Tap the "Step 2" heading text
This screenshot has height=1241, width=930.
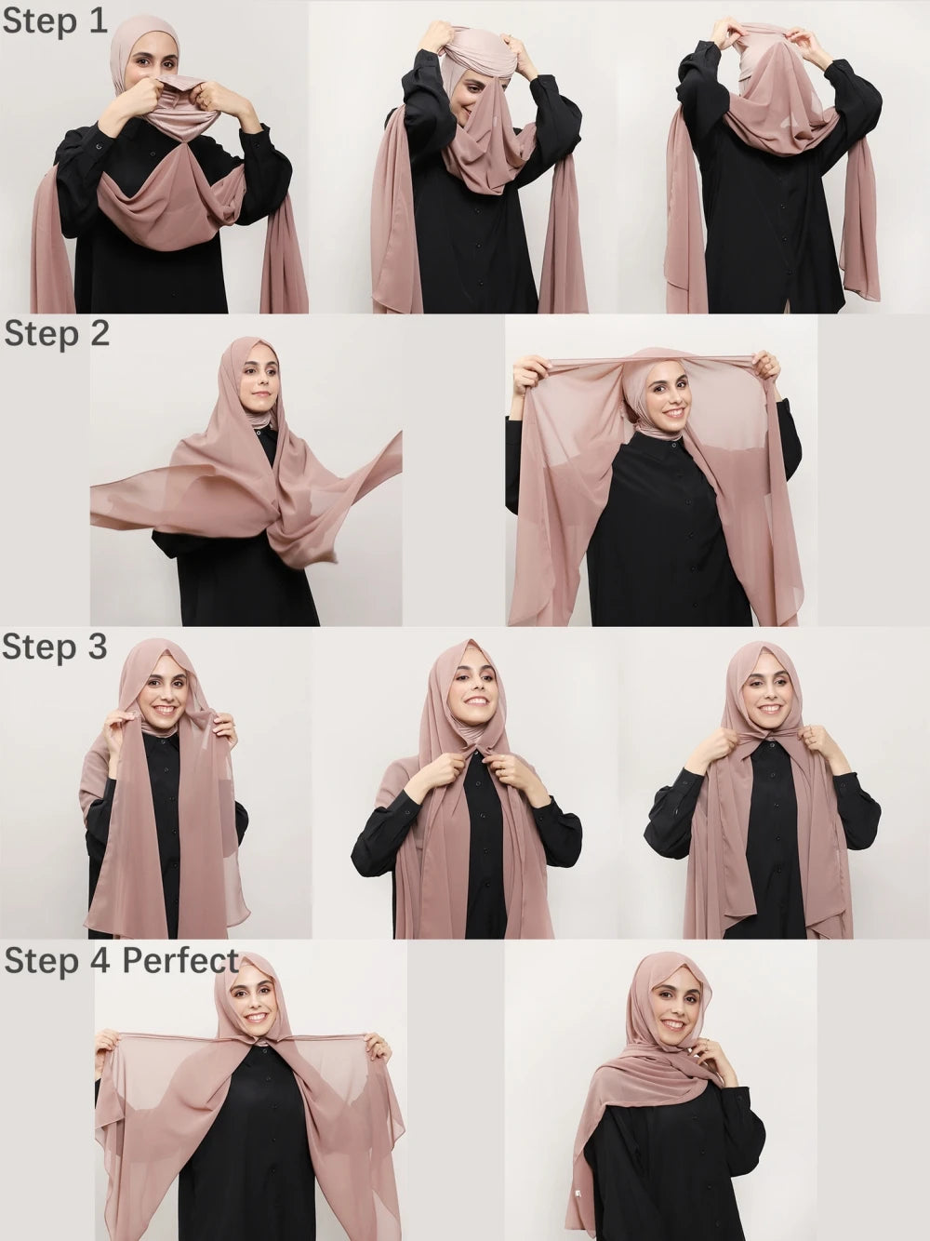(57, 333)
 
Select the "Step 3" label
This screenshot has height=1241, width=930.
(55, 647)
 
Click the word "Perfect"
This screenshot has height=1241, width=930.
(181, 960)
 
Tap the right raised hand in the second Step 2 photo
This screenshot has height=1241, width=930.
(766, 364)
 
